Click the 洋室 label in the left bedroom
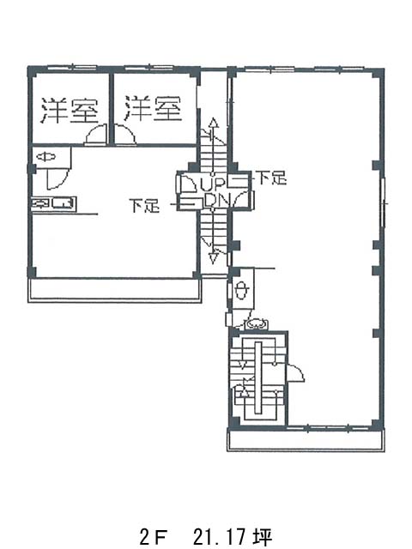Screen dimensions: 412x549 click(70, 111)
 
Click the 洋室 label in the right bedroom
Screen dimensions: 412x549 click(153, 109)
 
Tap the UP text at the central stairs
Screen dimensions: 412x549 click(212, 184)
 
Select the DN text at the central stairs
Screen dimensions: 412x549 click(217, 201)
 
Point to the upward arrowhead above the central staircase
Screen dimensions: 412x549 click(213, 123)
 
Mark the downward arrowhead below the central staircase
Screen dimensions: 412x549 click(213, 258)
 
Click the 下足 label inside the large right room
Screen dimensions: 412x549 click(272, 178)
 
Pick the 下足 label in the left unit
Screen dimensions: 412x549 click(144, 206)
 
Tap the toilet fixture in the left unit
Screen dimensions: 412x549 click(46, 157)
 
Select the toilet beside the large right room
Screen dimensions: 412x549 click(242, 290)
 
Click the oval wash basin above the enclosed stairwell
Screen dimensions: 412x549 click(257, 324)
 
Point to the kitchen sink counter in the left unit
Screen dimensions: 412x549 click(54, 204)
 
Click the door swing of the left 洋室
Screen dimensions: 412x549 click(95, 134)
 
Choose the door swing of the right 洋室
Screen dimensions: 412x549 click(125, 134)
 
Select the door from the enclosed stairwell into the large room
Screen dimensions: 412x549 click(295, 373)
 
